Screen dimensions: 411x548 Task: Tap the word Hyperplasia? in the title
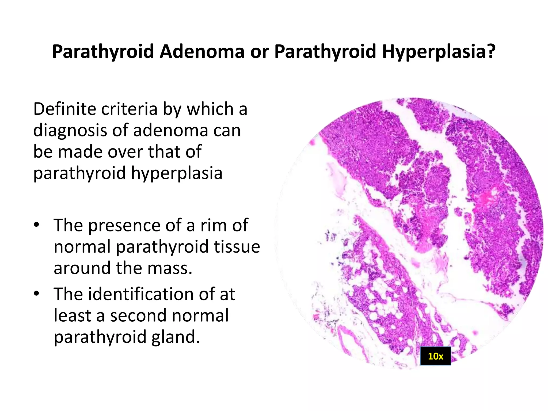click(439, 51)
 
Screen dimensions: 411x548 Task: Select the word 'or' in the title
click(259, 51)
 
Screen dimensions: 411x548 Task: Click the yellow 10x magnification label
click(435, 356)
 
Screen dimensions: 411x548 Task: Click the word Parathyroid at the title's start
click(103, 51)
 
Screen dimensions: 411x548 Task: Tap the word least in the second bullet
click(72, 315)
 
